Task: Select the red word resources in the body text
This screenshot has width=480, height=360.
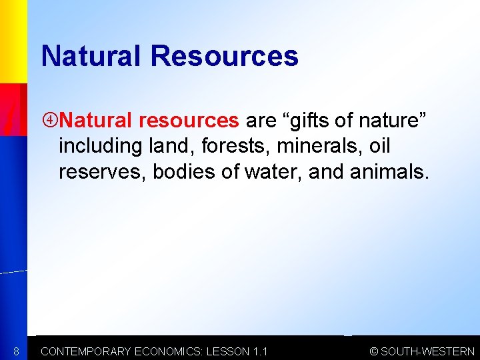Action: tap(189, 121)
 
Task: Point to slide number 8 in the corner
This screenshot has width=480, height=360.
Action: tap(16, 351)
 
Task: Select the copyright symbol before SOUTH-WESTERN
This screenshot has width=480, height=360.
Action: tap(374, 351)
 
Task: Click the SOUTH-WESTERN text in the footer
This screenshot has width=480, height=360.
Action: tap(428, 351)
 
